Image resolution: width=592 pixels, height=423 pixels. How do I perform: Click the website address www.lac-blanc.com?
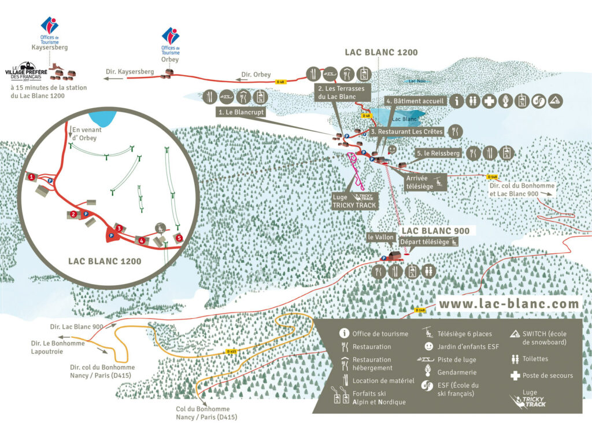(x=508, y=303)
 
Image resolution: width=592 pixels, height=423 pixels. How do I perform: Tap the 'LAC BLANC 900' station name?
(x=435, y=230)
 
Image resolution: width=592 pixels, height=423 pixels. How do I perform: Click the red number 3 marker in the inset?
(x=118, y=229)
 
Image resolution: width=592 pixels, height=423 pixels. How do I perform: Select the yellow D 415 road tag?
(x=232, y=351)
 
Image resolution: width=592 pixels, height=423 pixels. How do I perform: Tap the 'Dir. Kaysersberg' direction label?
(x=129, y=72)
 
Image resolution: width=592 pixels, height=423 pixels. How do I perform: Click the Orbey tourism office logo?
(x=170, y=36)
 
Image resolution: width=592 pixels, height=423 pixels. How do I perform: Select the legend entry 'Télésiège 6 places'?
(x=464, y=333)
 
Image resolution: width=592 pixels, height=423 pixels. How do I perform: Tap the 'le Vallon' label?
(x=380, y=237)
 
